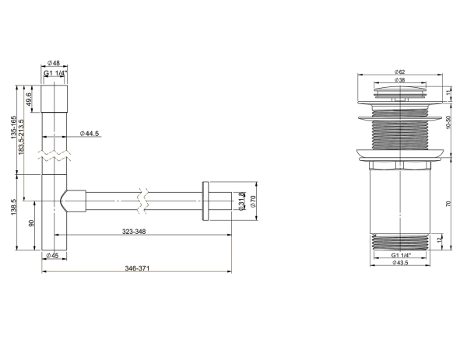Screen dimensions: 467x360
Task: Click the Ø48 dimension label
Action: tap(54, 63)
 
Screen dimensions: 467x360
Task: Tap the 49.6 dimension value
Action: tap(29, 99)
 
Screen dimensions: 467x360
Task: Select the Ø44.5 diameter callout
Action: tap(90, 134)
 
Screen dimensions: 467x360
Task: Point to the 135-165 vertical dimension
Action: tap(14, 128)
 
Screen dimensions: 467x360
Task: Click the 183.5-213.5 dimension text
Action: tap(21, 137)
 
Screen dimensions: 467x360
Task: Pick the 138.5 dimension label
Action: tap(14, 208)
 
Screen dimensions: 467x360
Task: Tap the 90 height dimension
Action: tap(31, 223)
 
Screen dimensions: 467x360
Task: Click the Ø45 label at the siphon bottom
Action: tap(52, 255)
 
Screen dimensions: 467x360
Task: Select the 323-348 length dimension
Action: tap(134, 232)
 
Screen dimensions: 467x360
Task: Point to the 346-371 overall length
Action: tap(137, 268)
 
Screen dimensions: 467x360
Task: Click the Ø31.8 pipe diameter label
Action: tap(242, 201)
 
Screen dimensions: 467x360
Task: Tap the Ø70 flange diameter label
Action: tap(253, 201)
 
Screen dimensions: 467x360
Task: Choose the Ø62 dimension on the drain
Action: tap(400, 72)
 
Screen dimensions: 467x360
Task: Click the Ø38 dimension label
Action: tap(400, 80)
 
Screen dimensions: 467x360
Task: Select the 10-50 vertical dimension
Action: tap(449, 122)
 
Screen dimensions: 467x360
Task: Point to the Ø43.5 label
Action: tap(400, 262)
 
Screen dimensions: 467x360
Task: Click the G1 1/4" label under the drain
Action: tap(401, 255)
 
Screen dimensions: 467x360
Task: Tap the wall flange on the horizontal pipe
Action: tap(205, 201)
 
